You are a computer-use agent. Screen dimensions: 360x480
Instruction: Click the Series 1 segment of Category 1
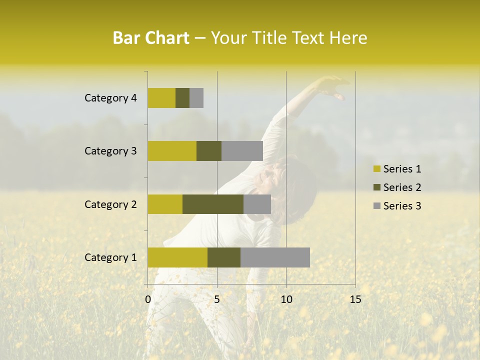pyautogui.click(x=177, y=257)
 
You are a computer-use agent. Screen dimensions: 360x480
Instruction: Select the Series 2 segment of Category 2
pyautogui.click(x=213, y=204)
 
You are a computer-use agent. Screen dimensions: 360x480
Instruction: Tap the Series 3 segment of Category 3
pyautogui.click(x=242, y=151)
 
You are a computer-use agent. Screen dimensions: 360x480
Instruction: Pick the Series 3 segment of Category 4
pyautogui.click(x=196, y=98)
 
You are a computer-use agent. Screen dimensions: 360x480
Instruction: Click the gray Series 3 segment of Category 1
pyautogui.click(x=275, y=257)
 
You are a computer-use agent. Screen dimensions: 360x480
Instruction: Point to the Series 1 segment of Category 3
pyautogui.click(x=172, y=151)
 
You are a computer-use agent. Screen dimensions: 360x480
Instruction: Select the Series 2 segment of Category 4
pyautogui.click(x=182, y=98)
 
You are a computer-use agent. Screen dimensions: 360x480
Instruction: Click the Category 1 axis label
pyautogui.click(x=110, y=257)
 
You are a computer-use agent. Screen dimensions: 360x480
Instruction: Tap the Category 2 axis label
pyautogui.click(x=110, y=204)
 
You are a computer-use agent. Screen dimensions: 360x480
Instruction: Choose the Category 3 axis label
pyautogui.click(x=110, y=151)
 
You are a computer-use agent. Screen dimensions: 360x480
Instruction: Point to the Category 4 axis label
pyautogui.click(x=110, y=98)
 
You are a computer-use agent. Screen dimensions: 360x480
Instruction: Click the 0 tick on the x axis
pyautogui.click(x=148, y=299)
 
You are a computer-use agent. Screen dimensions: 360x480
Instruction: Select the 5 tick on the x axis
pyautogui.click(x=217, y=299)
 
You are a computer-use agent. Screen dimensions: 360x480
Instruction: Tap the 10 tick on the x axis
pyautogui.click(x=286, y=299)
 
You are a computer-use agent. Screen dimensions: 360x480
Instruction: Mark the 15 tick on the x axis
pyautogui.click(x=355, y=299)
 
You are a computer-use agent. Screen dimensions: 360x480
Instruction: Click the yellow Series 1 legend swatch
pyautogui.click(x=376, y=169)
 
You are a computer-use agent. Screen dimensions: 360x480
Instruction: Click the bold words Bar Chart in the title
pyautogui.click(x=151, y=38)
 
